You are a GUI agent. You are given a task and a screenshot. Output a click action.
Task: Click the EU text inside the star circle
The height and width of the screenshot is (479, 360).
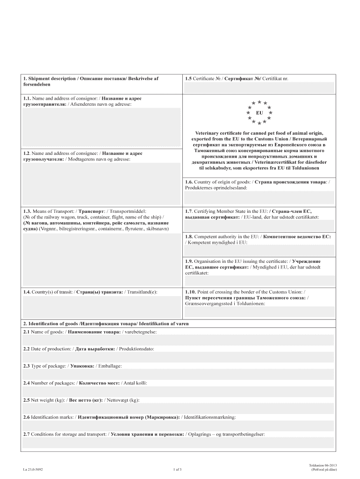pos(259,113)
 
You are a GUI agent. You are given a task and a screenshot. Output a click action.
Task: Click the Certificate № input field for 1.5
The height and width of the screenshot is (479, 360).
pos(259,87)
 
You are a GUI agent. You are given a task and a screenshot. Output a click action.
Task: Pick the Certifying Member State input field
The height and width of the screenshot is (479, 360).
pos(259,226)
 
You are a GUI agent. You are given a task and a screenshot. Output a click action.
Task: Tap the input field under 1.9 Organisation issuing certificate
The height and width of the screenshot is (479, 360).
pos(259,281)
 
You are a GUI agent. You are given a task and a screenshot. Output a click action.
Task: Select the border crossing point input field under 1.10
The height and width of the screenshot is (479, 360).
pos(259,312)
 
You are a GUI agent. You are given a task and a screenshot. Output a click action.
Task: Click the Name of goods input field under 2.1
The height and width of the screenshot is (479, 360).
pos(180,340)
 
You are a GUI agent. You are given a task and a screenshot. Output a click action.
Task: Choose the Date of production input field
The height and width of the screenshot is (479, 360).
pos(180,357)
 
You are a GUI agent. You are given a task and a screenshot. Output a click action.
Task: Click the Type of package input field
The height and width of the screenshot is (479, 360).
pos(180,374)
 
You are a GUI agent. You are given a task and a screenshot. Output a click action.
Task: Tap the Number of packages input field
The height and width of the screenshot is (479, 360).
pos(180,392)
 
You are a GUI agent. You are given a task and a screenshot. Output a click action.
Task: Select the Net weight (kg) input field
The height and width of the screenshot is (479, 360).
pos(180,408)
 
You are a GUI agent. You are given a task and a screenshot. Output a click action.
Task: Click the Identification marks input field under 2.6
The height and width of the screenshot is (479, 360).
pos(180,426)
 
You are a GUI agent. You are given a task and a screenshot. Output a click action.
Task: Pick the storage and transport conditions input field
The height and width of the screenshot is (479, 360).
pos(180,443)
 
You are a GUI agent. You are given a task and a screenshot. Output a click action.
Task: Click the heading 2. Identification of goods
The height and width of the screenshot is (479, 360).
pos(106,324)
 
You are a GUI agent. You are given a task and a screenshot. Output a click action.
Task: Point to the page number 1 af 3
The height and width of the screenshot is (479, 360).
pos(177,469)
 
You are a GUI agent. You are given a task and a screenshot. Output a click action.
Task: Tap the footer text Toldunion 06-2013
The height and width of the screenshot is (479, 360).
pos(323,465)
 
